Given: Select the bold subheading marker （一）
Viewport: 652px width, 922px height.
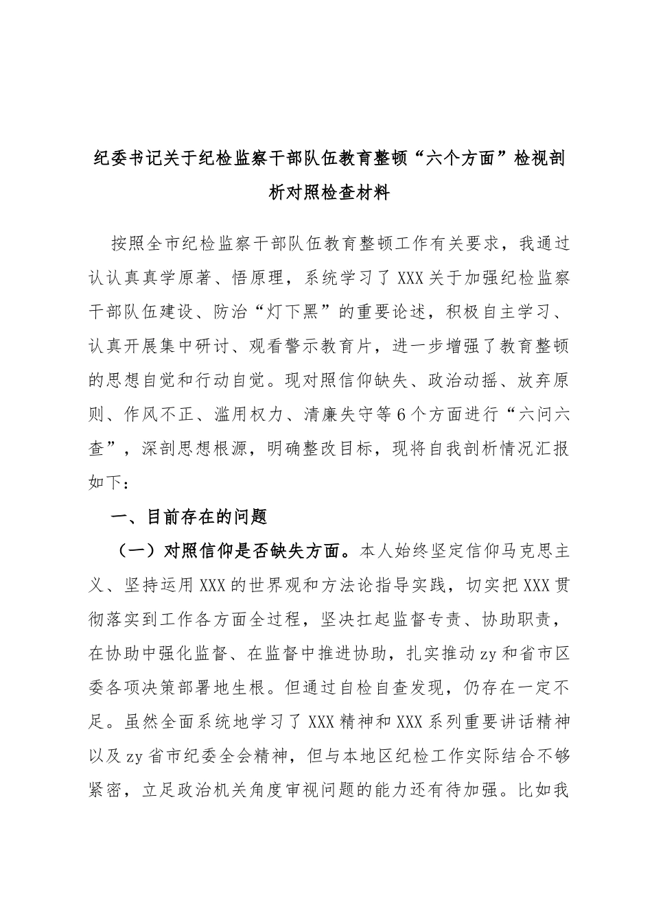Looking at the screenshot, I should point(135,550).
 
